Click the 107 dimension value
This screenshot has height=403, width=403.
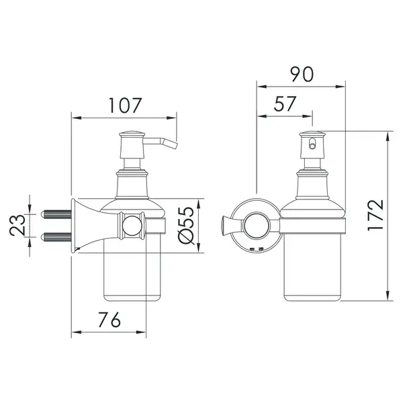click(125, 105)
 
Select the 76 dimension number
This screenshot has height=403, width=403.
click(109, 320)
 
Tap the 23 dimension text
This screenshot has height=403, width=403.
click(17, 226)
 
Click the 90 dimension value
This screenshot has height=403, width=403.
click(302, 75)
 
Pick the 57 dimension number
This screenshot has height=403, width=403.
click(285, 104)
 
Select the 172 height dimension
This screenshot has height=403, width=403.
click(375, 215)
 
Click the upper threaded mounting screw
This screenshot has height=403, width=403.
click(56, 214)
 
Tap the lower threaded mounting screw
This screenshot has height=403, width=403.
click(56, 236)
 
